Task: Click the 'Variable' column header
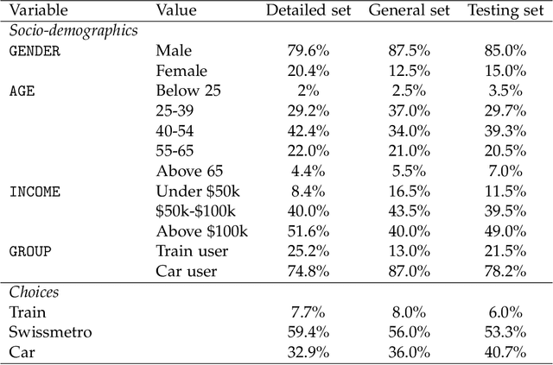point(39,11)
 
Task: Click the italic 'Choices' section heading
point(34,293)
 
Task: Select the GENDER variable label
point(35,51)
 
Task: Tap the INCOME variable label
point(35,192)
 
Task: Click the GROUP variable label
point(30,252)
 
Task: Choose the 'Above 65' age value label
point(185,172)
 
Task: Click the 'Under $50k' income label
point(194,192)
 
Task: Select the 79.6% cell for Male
point(303,51)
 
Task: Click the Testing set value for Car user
point(504,272)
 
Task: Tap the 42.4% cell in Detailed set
point(303,131)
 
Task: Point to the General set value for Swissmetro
point(404,332)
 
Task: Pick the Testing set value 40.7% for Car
point(504,352)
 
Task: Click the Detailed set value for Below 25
point(303,91)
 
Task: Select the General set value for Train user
point(404,252)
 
